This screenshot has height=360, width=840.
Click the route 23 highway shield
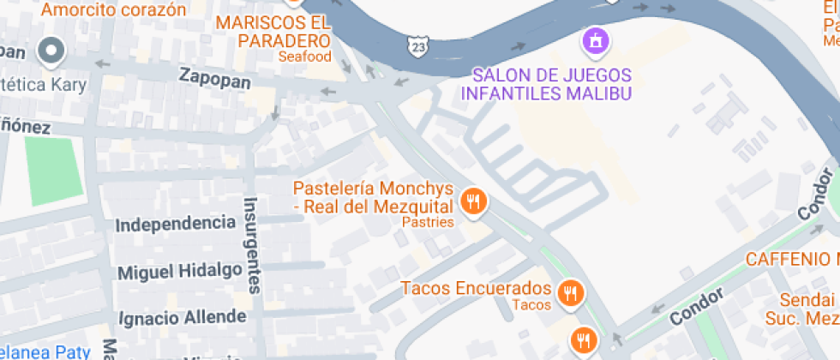[417, 44]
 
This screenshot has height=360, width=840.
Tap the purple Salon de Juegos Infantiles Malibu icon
[594, 40]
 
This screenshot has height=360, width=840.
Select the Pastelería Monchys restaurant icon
[473, 202]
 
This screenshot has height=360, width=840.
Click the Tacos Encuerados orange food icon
[569, 294]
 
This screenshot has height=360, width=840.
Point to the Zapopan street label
[214, 78]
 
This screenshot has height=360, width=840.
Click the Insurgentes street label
[252, 245]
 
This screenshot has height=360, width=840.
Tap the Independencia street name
[175, 224]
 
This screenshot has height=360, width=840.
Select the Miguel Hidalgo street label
[179, 271]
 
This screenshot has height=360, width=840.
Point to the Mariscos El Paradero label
[273, 31]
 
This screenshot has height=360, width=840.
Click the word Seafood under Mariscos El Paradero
[304, 57]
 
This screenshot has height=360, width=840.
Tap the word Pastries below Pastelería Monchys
[428, 222]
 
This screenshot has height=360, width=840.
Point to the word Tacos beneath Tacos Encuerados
[531, 304]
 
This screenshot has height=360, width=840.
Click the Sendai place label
[807, 301]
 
